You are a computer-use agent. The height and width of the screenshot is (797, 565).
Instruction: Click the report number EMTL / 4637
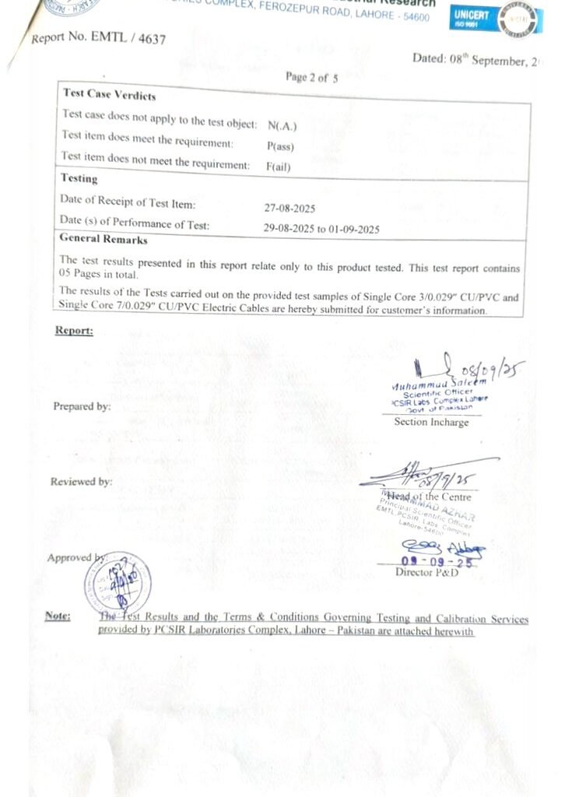99,37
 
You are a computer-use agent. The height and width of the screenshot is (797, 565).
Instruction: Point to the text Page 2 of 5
311,77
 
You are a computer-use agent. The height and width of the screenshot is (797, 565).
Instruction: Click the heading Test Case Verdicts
109,95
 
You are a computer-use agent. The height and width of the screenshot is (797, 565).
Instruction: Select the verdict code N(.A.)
282,125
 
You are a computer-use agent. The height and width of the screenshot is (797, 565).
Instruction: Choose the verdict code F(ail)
279,165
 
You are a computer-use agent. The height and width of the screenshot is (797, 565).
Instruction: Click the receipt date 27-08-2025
290,208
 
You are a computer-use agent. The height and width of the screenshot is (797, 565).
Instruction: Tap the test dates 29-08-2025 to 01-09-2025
321,229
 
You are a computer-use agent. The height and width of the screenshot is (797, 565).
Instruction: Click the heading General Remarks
103,239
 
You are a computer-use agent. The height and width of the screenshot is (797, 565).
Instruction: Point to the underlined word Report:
74,331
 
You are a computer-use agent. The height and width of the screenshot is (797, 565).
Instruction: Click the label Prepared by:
82,406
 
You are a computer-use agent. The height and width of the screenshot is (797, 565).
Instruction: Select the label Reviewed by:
81,482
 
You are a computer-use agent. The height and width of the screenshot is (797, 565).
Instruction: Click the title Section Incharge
431,422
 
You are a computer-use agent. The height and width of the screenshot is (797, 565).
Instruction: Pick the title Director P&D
426,573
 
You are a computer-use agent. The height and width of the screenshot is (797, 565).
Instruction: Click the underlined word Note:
58,616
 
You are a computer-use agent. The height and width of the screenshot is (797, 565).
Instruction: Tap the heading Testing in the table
79,178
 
